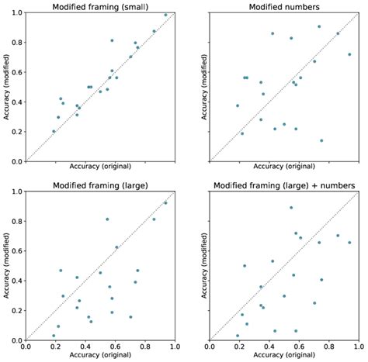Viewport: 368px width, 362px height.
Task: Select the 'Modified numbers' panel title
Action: click(285, 7)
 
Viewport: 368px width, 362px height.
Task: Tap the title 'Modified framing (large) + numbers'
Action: click(285, 185)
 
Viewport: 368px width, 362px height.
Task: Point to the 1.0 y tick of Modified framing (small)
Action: click(16, 13)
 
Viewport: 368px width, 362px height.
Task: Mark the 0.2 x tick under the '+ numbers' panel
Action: click(240, 347)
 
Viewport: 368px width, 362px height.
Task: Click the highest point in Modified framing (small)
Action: click(165, 15)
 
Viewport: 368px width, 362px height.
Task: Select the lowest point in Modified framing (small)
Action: click(54, 131)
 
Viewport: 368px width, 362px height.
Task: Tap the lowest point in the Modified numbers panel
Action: click(321, 140)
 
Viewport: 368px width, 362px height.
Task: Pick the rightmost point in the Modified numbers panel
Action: click(349, 54)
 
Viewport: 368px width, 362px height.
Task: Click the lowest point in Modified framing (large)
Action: click(54, 336)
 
